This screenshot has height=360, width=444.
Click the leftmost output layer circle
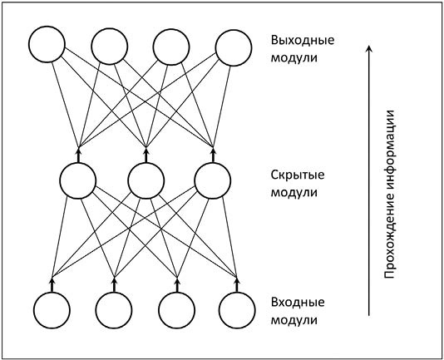[x=47, y=47]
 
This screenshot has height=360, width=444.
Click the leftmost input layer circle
[x=52, y=309]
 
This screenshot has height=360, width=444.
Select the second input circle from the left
[x=114, y=309]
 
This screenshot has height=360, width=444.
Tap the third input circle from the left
[x=176, y=309]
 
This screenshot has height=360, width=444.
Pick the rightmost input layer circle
[x=238, y=309]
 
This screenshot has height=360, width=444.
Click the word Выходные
[x=297, y=40]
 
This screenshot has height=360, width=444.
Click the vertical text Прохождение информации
[x=388, y=193]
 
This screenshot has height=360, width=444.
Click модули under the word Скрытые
[x=294, y=193]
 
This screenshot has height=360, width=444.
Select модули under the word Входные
[x=294, y=319]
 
